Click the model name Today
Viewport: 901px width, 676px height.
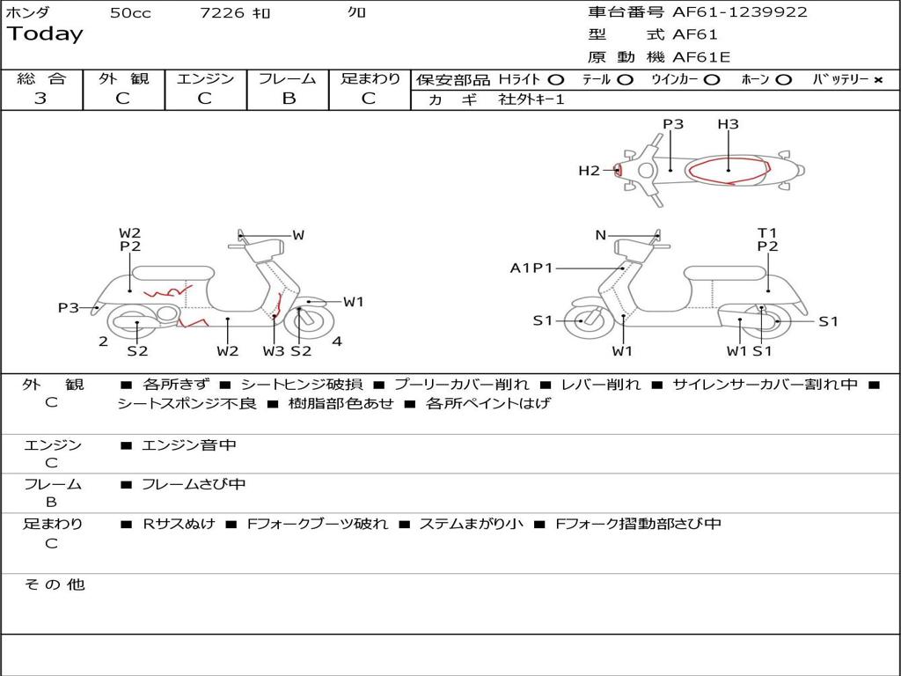click(45, 34)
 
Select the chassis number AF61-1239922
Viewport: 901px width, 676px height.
click(739, 12)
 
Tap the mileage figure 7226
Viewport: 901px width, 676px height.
click(223, 13)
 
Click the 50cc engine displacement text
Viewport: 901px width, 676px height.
click(130, 13)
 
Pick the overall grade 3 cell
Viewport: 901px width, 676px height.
click(40, 99)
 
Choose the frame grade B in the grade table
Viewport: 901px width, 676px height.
click(288, 99)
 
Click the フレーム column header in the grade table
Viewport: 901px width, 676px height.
click(288, 78)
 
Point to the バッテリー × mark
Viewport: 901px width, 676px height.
click(877, 80)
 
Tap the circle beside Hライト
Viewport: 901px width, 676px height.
click(556, 80)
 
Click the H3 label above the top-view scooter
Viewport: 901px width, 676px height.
click(728, 124)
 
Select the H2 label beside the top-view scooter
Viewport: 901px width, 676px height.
click(589, 171)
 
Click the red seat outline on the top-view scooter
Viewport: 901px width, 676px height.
click(729, 171)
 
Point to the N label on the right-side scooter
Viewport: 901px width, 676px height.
click(601, 235)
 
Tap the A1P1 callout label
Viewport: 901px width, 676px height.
click(531, 268)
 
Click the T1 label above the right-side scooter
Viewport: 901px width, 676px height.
click(767, 233)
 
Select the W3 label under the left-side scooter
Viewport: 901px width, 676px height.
click(274, 351)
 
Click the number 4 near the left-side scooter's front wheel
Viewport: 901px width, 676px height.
click(337, 342)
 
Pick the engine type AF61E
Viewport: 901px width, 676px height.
click(701, 57)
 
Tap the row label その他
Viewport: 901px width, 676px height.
click(54, 584)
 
